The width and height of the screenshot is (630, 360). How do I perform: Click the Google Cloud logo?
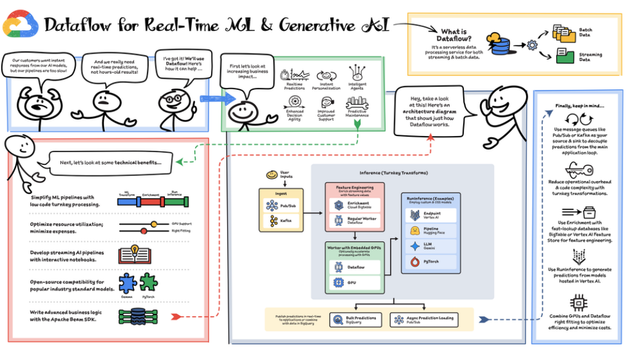point(20,24)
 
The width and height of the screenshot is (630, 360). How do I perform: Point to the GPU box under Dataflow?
point(353,282)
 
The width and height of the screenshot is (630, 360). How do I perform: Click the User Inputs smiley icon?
point(271,175)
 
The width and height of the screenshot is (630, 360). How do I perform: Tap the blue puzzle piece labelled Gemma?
point(127,282)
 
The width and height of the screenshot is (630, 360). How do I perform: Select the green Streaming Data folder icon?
point(564,55)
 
